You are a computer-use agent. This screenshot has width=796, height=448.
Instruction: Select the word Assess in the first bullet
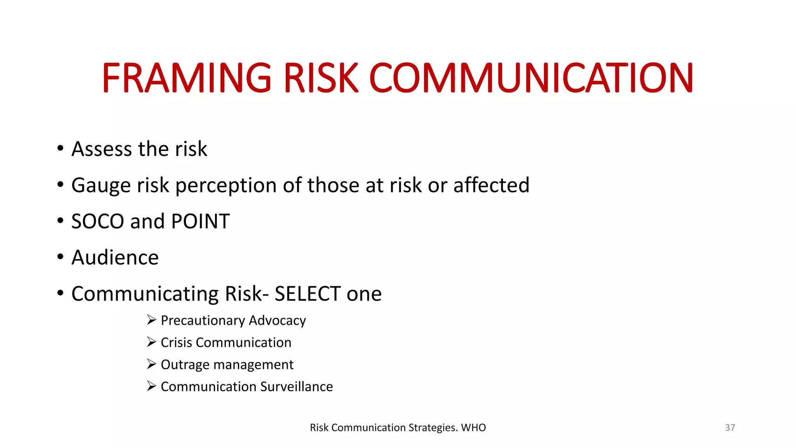(102, 149)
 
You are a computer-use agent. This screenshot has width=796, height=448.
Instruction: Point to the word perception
(226, 185)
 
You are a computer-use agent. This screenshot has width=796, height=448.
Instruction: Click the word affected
(491, 185)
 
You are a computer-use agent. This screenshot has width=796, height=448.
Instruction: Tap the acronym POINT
(200, 221)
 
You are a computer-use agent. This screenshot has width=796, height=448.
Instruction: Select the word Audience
(115, 257)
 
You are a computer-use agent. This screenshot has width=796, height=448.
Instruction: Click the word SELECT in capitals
(307, 294)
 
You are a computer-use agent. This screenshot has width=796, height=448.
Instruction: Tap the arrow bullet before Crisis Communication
(152, 342)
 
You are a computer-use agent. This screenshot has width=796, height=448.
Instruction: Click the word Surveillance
(297, 387)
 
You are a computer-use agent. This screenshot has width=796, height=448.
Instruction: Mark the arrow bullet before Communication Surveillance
(152, 386)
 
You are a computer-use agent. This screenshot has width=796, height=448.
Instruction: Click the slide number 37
(730, 427)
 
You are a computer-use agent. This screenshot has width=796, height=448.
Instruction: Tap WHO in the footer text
(473, 427)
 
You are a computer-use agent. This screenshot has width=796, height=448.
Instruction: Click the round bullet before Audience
(60, 257)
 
